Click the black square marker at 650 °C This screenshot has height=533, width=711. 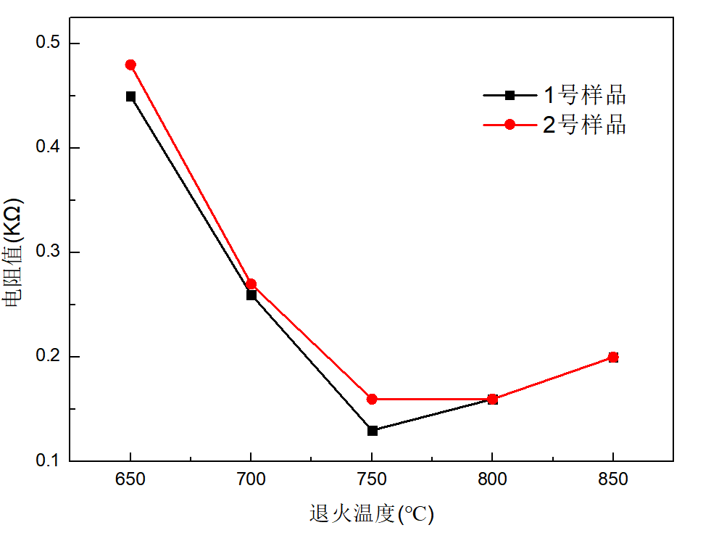coord(130,96)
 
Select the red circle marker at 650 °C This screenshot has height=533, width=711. coord(130,65)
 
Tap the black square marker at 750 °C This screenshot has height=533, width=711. coord(372,431)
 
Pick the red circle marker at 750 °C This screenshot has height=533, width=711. coord(372,399)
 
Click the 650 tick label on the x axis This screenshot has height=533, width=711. coord(130,479)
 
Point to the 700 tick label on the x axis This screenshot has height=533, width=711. coord(251,479)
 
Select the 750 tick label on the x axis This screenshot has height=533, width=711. coord(372,479)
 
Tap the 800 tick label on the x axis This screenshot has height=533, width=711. coord(493,479)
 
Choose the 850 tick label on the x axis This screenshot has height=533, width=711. coord(613,479)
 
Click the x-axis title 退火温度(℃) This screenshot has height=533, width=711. coord(372,514)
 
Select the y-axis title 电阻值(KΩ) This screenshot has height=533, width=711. coord(15,252)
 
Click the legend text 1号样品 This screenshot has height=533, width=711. coord(584,95)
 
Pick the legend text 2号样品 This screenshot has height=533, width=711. coord(584,125)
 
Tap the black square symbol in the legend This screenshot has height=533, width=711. coord(510,95)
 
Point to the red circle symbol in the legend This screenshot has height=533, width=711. coord(510,125)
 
